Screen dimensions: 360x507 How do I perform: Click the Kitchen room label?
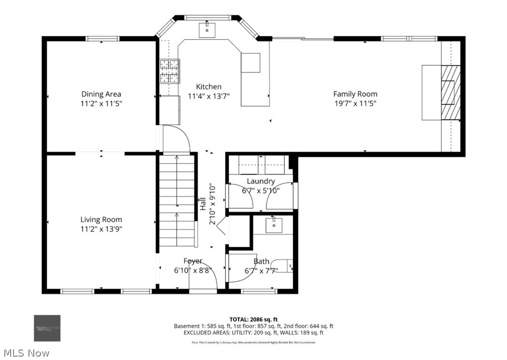tap(208, 87)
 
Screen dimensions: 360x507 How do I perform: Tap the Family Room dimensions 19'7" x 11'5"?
tap(355, 103)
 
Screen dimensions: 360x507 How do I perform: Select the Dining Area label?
tap(101, 94)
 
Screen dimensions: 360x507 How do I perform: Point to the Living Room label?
tap(101, 220)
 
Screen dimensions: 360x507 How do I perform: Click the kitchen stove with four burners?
tap(170, 71)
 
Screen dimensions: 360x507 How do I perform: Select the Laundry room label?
tap(260, 181)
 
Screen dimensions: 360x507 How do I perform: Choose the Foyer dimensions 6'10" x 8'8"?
tap(192, 270)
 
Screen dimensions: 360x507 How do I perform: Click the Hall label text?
tap(203, 204)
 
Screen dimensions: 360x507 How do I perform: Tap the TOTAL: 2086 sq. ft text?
tap(253, 319)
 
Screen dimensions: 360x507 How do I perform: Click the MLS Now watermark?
tap(25, 353)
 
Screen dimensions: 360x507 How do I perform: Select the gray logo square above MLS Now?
tap(47, 328)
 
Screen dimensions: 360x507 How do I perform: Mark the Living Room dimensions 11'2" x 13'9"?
tap(101, 229)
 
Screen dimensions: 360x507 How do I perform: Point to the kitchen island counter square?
tap(250, 63)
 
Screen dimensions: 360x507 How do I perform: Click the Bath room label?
tap(261, 261)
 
